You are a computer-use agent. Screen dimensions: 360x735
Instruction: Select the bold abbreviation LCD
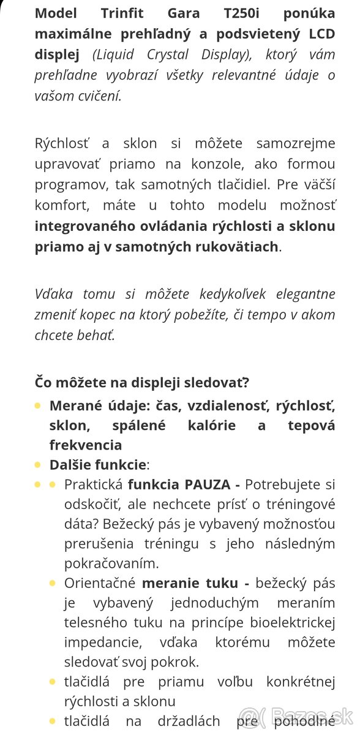coord(320,34)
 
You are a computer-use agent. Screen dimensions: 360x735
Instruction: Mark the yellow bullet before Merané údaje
coord(38,405)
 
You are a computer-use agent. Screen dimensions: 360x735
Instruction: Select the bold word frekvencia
coord(86,445)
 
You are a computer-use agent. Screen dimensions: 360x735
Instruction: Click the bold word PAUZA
coord(208,484)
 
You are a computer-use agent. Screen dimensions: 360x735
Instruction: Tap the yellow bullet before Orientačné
coord(53,583)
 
